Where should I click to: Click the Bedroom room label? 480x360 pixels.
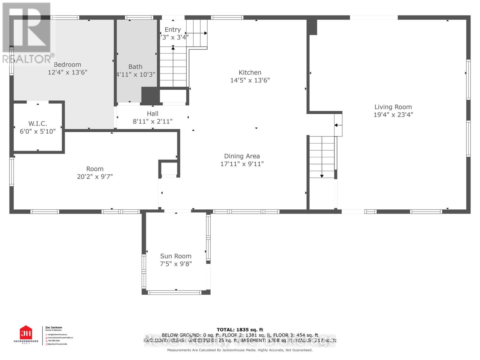(67, 64)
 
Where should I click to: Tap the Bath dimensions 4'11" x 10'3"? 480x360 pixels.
(136, 74)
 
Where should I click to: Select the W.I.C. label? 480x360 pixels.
(37, 123)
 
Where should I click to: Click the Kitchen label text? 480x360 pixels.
(250, 72)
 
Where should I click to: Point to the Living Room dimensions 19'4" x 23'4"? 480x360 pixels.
(393, 115)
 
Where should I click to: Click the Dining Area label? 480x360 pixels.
(242, 156)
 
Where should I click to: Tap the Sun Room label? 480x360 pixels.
(175, 256)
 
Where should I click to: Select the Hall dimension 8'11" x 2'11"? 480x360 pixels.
(152, 121)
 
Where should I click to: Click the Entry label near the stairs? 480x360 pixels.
(172, 29)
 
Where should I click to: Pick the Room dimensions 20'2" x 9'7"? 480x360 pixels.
(95, 176)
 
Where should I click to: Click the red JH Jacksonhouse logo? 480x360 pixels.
(26, 333)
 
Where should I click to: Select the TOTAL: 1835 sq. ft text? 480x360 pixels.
(240, 330)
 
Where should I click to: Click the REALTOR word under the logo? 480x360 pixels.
(27, 59)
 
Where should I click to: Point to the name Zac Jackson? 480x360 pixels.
(53, 328)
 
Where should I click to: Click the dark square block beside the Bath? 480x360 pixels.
(150, 95)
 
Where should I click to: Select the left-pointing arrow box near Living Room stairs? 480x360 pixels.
(338, 125)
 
